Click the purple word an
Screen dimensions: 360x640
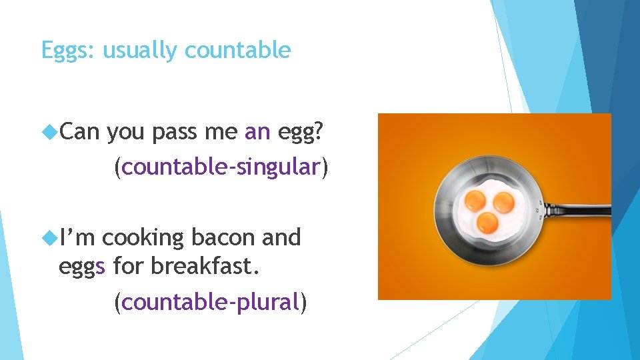[x=257, y=133]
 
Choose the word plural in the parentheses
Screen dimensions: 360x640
[x=269, y=303]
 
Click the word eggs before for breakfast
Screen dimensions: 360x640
[x=83, y=268]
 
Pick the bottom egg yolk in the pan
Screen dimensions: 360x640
[x=487, y=221]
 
